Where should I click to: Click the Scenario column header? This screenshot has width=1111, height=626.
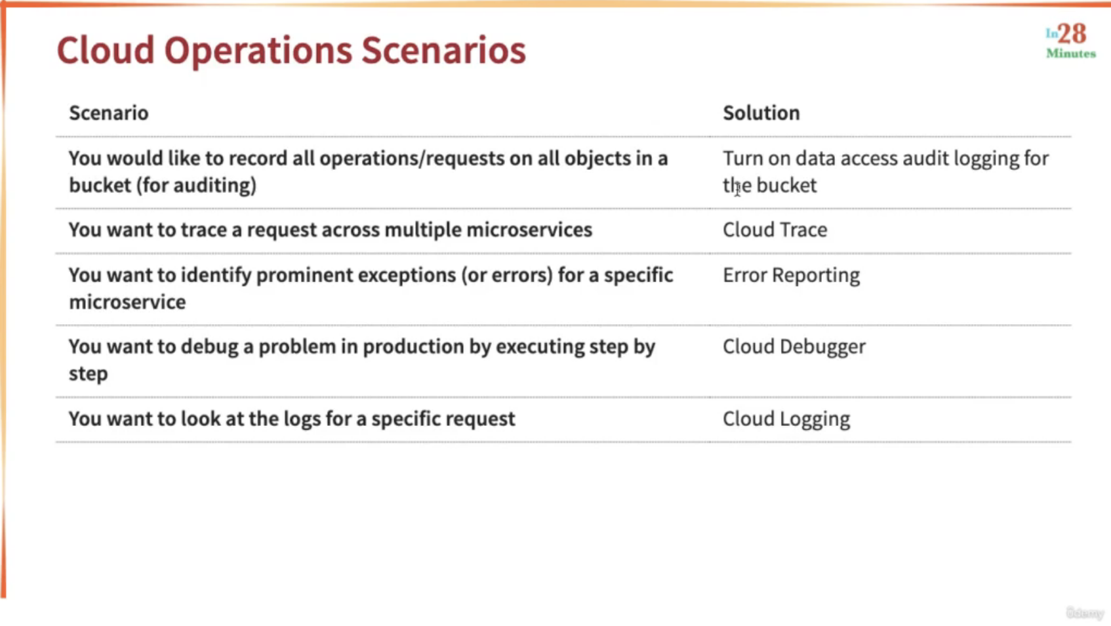coord(109,113)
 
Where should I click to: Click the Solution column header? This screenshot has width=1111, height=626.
coord(761,113)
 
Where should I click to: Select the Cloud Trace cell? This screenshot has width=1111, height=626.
coord(775,230)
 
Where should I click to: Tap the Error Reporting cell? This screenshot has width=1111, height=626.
coord(791,276)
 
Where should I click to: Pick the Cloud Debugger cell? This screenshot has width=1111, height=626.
coord(794,347)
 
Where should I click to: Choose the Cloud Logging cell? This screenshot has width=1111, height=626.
coord(786,419)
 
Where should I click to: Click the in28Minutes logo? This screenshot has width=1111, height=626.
coord(1070,41)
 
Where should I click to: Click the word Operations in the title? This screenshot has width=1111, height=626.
coord(258,51)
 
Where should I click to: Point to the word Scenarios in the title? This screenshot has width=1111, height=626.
coord(443,50)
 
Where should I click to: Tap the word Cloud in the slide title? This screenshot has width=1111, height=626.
coord(106,50)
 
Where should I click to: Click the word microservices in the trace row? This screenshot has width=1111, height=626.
coord(529,230)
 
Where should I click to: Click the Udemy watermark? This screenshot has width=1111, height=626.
coord(1085,613)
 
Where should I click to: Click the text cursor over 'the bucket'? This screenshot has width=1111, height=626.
coord(738,188)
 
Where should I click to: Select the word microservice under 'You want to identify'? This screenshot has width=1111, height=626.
coord(127,303)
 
